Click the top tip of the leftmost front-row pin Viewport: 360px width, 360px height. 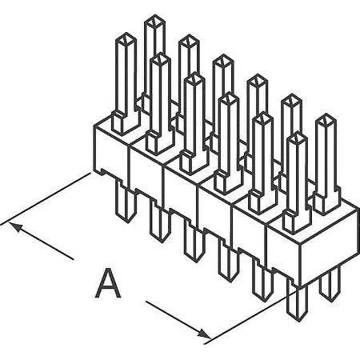pyautogui.click(x=126, y=38)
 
